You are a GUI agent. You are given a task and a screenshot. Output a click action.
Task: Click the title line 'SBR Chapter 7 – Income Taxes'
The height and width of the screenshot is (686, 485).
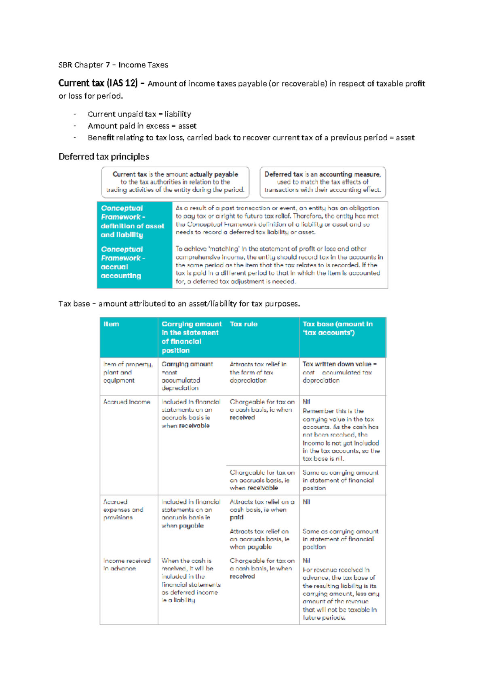(113, 65)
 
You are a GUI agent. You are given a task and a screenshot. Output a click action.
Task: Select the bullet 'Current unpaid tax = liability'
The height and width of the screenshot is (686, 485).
(139, 114)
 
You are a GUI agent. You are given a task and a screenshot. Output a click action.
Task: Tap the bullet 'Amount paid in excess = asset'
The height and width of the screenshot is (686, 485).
(142, 126)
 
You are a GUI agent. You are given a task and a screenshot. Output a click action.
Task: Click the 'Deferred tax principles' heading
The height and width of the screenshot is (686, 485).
(103, 157)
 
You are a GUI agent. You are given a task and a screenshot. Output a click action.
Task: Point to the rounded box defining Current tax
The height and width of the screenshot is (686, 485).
(175, 182)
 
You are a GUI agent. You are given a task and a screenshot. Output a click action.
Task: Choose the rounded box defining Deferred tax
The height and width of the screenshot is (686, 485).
(323, 182)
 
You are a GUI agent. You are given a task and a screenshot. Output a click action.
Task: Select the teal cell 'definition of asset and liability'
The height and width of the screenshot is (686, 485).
(132, 221)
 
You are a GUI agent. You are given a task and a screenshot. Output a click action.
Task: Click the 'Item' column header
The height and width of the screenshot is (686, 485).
(111, 324)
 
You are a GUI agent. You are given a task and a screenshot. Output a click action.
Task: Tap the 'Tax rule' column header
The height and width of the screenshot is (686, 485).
(243, 324)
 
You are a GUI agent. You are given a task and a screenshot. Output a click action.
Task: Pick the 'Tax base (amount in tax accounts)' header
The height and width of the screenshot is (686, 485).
(337, 328)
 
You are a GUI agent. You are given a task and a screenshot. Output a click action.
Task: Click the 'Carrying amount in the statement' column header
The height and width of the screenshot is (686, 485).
(191, 337)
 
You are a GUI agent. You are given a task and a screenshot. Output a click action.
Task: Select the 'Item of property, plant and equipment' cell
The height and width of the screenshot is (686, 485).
(127, 372)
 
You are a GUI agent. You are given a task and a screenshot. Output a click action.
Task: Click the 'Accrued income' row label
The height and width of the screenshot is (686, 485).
(127, 402)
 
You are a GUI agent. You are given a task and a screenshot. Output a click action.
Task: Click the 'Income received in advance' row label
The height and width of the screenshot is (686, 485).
(127, 564)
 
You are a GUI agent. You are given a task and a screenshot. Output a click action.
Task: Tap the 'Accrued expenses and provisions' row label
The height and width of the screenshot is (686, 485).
(123, 510)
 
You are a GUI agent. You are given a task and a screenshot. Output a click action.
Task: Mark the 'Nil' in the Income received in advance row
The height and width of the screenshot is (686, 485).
(306, 561)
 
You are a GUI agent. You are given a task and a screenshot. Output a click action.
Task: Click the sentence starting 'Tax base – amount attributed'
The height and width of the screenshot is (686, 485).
(179, 304)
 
